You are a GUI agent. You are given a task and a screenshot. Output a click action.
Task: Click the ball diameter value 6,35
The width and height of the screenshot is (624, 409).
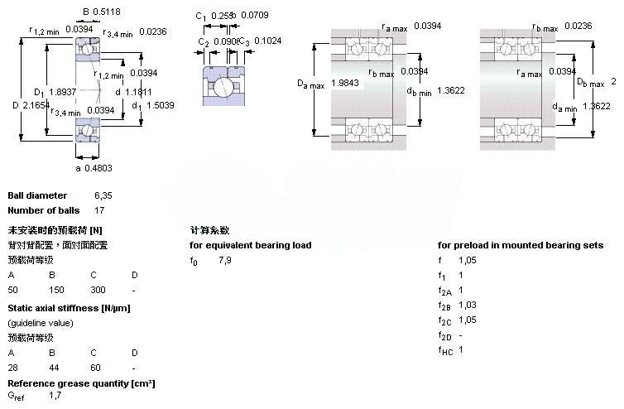pos(103,195)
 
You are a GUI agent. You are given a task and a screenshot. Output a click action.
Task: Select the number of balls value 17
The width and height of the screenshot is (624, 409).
pos(100,209)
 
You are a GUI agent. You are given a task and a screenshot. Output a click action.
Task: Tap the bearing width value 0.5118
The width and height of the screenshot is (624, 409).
pos(106,12)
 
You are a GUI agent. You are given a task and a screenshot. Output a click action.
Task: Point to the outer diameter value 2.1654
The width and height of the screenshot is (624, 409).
pos(38,106)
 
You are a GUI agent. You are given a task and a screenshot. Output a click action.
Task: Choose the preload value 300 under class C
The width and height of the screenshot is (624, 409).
pos(98,290)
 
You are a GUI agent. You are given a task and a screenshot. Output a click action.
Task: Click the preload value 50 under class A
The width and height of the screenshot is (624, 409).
pos(12,290)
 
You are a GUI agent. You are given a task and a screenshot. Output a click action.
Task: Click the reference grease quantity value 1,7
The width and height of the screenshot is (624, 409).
pos(55,396)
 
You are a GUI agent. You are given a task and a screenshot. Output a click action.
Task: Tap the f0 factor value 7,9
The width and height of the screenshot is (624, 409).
pos(225,260)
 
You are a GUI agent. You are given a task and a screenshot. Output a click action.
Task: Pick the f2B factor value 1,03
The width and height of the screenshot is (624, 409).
pos(468,306)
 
